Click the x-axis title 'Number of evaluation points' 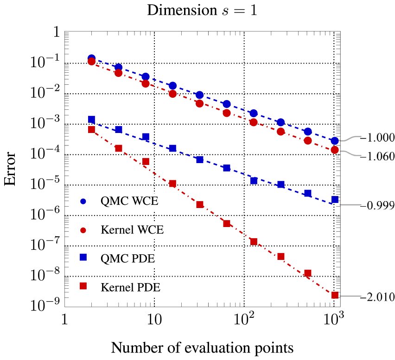tap(202, 347)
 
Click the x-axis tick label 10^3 tap(333, 320)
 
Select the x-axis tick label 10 tap(154, 320)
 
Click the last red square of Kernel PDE tap(335, 295)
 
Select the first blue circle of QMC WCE tap(91, 58)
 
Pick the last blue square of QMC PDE tap(335, 200)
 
